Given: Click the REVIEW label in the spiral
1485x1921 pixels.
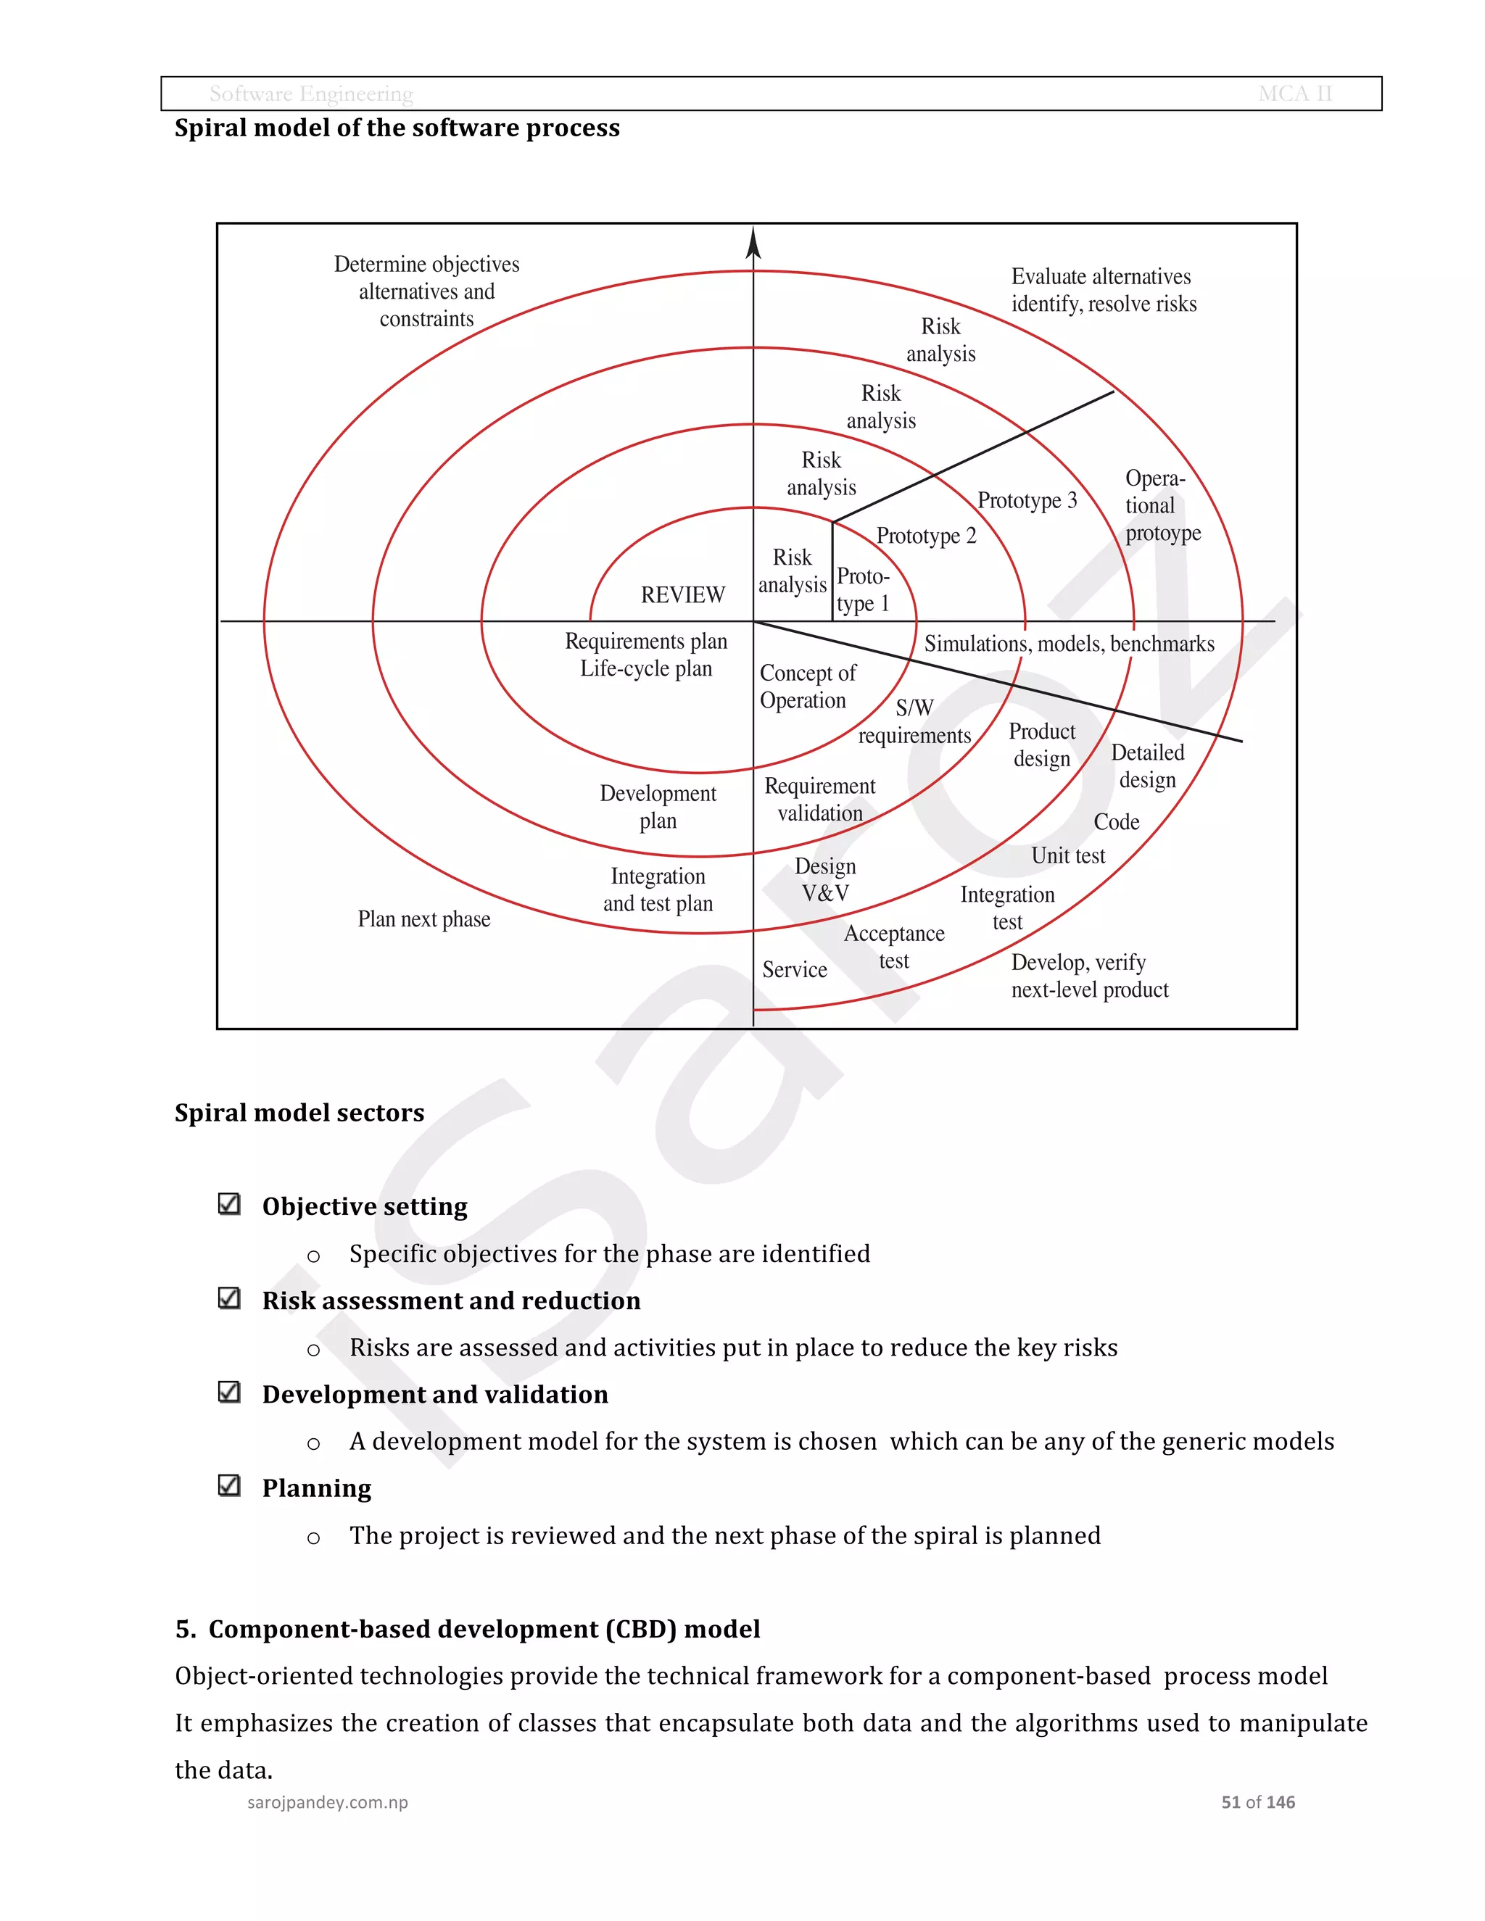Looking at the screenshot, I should (682, 595).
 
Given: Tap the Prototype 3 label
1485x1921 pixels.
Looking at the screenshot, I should (1027, 500).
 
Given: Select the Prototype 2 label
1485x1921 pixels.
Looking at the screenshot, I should (927, 536).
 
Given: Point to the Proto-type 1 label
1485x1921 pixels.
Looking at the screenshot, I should (863, 589).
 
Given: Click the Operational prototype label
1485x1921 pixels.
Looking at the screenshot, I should (1162, 506).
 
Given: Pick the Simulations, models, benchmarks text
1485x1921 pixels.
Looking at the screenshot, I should (1069, 644).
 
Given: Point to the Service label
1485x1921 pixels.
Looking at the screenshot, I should (795, 969).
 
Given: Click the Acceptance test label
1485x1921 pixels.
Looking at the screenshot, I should (894, 947).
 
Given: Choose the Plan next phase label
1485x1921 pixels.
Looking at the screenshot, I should (424, 919).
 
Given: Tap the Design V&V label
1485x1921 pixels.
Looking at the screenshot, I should (825, 879).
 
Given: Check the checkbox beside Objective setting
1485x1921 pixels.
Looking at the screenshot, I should (228, 1204).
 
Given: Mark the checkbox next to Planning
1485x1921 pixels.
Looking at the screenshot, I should (228, 1485).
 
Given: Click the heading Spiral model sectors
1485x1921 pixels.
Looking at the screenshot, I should (299, 1113).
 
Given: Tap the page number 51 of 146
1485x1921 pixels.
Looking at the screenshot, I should (1257, 1802).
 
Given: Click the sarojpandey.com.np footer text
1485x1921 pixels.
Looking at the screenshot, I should (327, 1802).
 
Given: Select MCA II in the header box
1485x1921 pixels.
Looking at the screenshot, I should (1295, 94).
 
